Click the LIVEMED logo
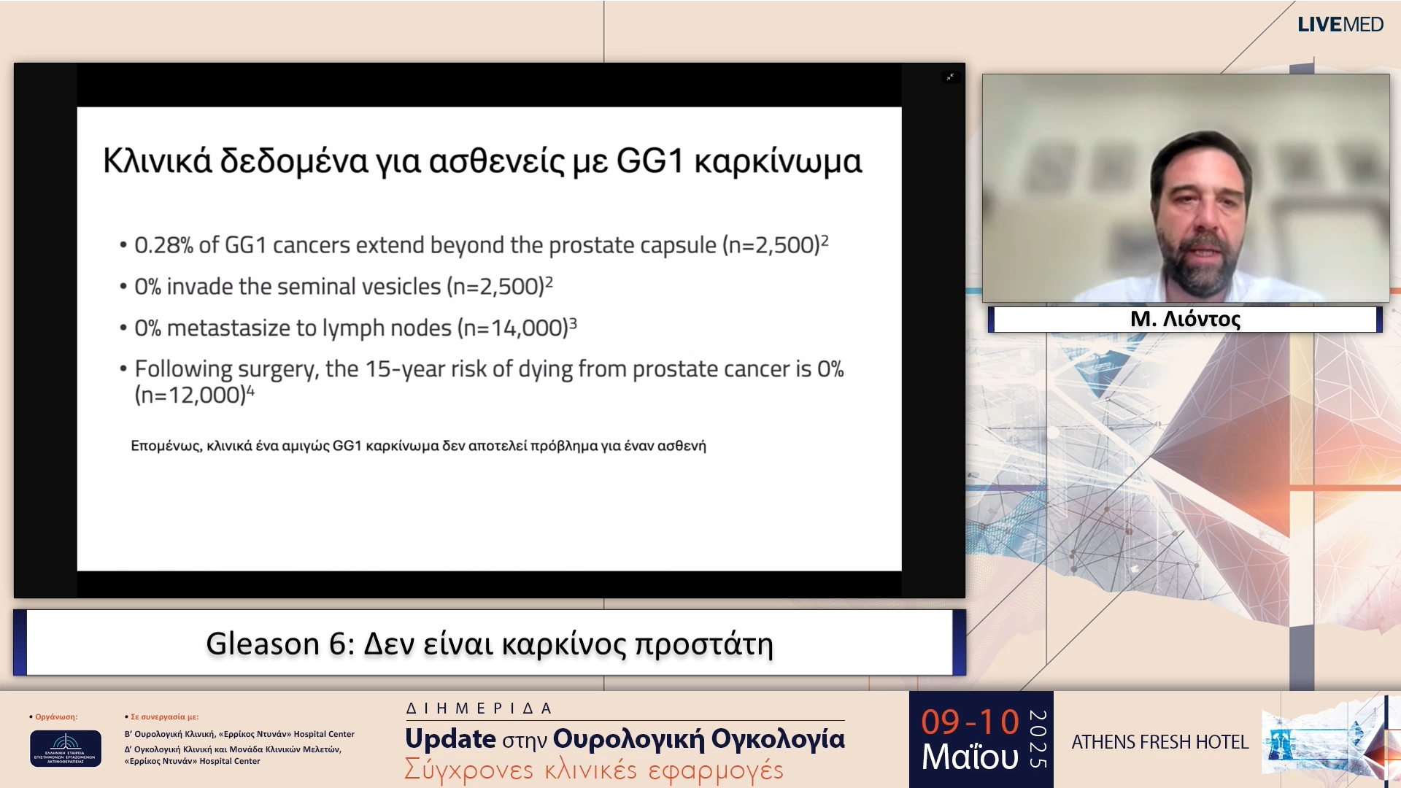[x=1340, y=25]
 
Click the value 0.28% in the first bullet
[x=163, y=246]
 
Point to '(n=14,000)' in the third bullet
[x=512, y=328]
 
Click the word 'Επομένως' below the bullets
[x=165, y=446]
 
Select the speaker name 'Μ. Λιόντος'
[x=1185, y=320]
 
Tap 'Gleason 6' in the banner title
[x=275, y=644]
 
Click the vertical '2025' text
[x=1038, y=739]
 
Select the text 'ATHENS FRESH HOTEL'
[x=1159, y=742]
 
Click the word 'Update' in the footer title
[x=450, y=739]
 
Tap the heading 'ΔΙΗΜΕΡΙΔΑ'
[x=479, y=708]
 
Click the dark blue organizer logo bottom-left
[x=65, y=749]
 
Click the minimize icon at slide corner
[x=950, y=77]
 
